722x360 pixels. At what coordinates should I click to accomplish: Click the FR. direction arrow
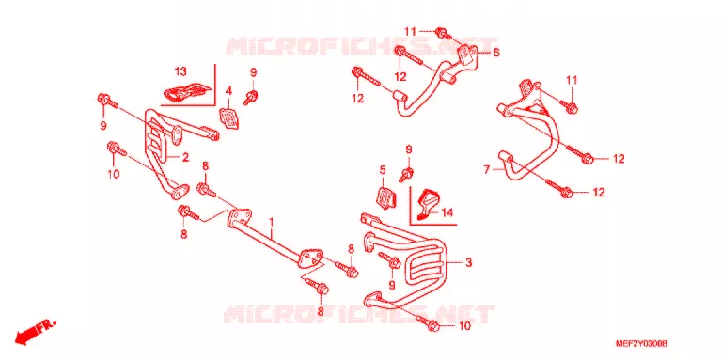36,332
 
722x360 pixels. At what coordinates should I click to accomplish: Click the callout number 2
185,158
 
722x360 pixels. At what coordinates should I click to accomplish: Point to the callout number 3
468,263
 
